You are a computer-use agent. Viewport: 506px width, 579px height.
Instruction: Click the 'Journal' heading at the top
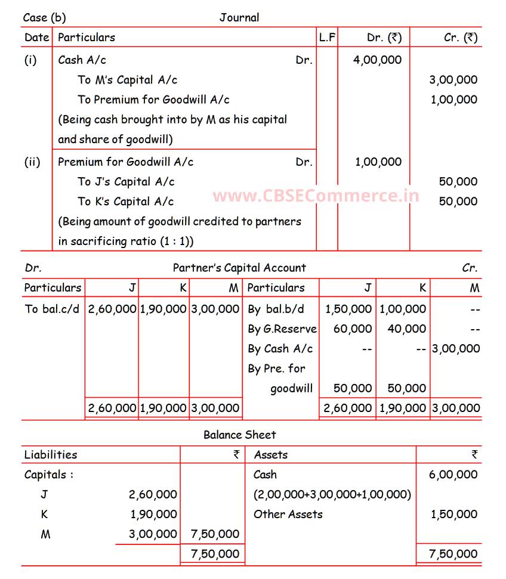point(239,17)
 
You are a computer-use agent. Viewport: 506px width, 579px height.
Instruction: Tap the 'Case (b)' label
point(44,17)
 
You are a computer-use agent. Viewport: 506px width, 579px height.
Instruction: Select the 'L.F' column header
point(327,37)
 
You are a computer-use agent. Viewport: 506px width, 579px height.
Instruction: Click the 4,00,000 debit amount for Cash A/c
point(377,60)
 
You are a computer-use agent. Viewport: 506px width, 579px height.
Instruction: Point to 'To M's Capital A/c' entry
point(127,80)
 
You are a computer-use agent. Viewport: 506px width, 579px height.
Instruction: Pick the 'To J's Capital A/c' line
point(126,182)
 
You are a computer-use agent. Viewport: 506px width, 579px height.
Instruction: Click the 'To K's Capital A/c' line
point(126,202)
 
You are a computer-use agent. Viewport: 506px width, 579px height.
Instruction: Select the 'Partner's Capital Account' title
point(239,268)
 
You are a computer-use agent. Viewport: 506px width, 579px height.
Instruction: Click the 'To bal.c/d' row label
point(52,309)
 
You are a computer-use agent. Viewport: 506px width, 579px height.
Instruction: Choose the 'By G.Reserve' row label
point(282,329)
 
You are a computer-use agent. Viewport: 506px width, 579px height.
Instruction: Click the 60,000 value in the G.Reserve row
point(353,329)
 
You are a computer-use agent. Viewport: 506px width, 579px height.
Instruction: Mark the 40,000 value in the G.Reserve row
point(407,329)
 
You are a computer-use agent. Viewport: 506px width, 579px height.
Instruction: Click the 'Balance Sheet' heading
point(239,435)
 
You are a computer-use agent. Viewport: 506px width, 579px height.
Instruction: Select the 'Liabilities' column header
point(51,455)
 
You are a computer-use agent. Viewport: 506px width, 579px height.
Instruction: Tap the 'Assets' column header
point(271,455)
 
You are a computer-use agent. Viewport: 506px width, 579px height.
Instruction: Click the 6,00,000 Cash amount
point(453,475)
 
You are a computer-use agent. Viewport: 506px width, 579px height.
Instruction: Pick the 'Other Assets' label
point(288,514)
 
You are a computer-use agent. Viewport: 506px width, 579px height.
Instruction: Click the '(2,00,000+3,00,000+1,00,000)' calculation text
point(332,494)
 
